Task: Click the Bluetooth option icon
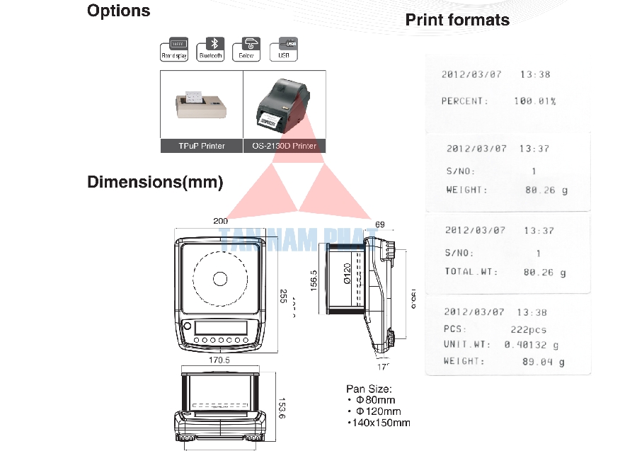click(x=210, y=48)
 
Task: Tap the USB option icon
click(x=285, y=48)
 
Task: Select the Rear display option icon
click(x=174, y=48)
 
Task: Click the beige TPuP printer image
click(x=202, y=105)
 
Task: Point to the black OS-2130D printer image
click(x=284, y=105)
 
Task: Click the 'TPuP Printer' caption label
click(x=202, y=146)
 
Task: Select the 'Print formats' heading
click(x=457, y=20)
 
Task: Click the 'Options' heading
click(x=118, y=11)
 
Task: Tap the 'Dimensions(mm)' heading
click(x=155, y=182)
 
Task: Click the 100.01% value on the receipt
click(x=534, y=101)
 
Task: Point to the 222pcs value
click(x=528, y=329)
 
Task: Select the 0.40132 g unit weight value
click(x=531, y=345)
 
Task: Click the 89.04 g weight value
click(x=544, y=362)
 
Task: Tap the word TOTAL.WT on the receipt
click(x=471, y=272)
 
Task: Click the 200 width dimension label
click(x=221, y=221)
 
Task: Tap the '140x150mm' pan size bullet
click(x=380, y=423)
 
